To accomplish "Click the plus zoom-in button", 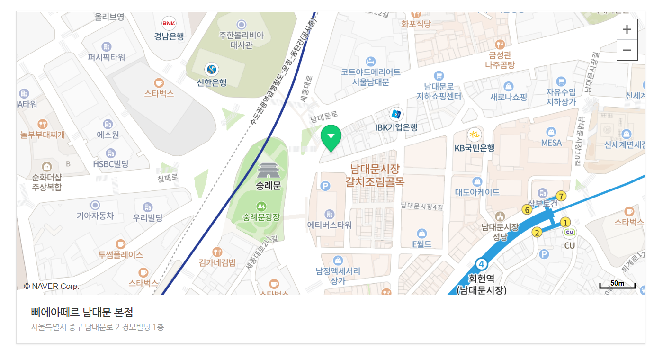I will [627, 29].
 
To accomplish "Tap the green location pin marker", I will [331, 137].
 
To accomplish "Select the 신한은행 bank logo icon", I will [211, 70].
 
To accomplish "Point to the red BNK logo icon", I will [169, 23].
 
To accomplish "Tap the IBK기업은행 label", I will [396, 127].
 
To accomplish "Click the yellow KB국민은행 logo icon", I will [474, 135].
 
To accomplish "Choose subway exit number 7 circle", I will [561, 196].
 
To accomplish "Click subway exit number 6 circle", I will [527, 209].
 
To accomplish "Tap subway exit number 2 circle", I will [537, 232].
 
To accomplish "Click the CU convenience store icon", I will [569, 233].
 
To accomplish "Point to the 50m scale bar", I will [617, 285].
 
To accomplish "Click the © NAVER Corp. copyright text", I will [51, 286].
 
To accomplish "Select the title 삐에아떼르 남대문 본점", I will [82, 313].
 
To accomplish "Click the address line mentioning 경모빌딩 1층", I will [98, 327].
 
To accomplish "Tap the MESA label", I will [551, 143].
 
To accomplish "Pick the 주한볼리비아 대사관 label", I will [242, 40].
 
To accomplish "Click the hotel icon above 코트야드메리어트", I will [371, 61].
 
